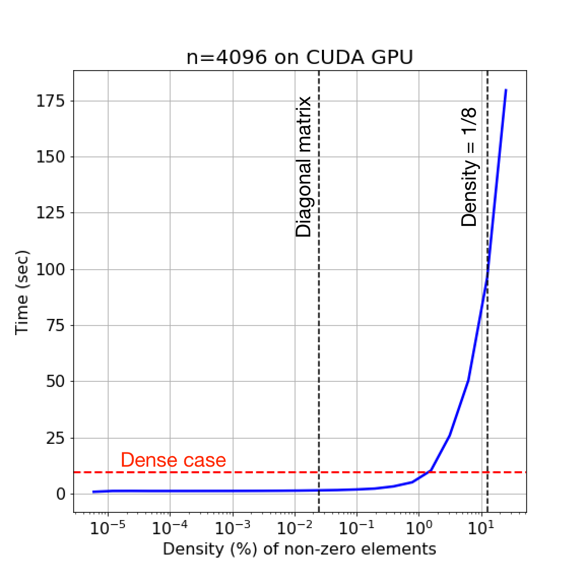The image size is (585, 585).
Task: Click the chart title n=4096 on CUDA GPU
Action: tap(300, 57)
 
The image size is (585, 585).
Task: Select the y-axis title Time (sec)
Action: tap(22, 292)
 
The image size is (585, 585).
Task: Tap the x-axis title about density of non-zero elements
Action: tap(299, 549)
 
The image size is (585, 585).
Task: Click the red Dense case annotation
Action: tap(173, 460)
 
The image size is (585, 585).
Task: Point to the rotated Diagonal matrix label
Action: tap(304, 167)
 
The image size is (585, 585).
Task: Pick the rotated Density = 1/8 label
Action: tap(469, 167)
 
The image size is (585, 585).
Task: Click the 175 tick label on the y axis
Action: tap(51, 101)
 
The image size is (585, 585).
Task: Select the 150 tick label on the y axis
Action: tap(51, 157)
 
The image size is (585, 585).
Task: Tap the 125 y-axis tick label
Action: tap(51, 213)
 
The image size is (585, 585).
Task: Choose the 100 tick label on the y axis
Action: tap(51, 270)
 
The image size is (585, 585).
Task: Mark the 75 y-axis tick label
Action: tap(56, 326)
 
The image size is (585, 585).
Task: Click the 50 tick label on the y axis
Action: tap(56, 382)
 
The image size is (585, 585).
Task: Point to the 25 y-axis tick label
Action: tap(56, 438)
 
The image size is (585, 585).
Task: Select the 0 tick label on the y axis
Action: tap(61, 494)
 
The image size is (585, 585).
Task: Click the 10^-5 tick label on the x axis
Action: tap(108, 528)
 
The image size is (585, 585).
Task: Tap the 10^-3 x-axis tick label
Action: tap(232, 528)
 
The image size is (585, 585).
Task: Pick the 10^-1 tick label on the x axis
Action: tap(356, 528)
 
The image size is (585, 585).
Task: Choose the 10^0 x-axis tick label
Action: tap(418, 528)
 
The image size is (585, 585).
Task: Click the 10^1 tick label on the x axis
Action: tap(480, 528)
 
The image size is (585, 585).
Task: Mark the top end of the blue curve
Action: tap(506, 90)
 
